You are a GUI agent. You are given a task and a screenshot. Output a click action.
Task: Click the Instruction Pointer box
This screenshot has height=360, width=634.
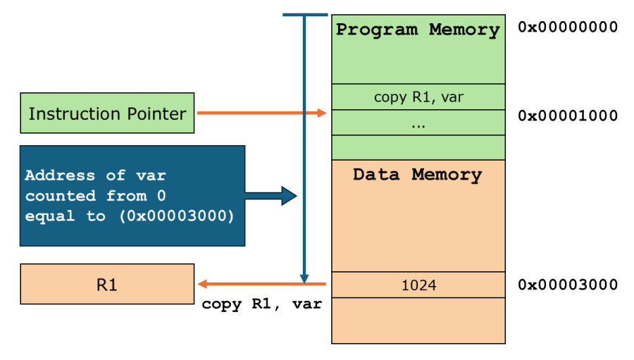[x=107, y=113]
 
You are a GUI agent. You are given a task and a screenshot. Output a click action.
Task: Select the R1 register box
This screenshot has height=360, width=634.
[x=107, y=285]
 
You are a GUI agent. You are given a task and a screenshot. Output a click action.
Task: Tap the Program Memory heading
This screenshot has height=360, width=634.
[x=418, y=30]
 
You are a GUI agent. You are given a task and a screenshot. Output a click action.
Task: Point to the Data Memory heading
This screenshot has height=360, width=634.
[x=418, y=174]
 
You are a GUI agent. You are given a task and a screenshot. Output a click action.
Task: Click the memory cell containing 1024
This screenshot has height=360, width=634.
[x=418, y=285]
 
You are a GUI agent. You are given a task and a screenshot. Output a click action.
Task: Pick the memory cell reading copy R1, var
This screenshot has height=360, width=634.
[x=418, y=97]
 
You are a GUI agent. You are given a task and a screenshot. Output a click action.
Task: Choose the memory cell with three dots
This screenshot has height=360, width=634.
[x=418, y=123]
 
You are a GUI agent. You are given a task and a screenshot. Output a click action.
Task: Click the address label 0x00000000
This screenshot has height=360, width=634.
[x=568, y=27]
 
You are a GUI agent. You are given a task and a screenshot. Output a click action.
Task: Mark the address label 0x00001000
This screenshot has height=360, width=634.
[x=568, y=116]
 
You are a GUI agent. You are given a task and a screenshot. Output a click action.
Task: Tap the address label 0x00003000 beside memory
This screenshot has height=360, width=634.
[x=568, y=285]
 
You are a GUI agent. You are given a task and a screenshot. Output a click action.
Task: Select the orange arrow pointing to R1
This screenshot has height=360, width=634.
[x=261, y=284]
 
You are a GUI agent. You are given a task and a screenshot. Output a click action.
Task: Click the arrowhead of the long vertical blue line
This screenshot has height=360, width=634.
[x=304, y=278]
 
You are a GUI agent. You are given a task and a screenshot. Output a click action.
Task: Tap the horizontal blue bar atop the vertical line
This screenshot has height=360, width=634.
[x=305, y=14]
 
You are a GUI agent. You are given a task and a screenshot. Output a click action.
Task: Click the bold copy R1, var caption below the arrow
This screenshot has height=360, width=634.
[x=261, y=305]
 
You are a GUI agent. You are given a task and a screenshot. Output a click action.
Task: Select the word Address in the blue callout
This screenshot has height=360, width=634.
[x=60, y=175]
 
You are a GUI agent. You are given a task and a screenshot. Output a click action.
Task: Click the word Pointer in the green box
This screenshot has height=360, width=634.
[x=156, y=113]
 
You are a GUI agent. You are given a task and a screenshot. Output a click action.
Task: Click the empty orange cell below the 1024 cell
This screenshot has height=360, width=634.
[x=418, y=320]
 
